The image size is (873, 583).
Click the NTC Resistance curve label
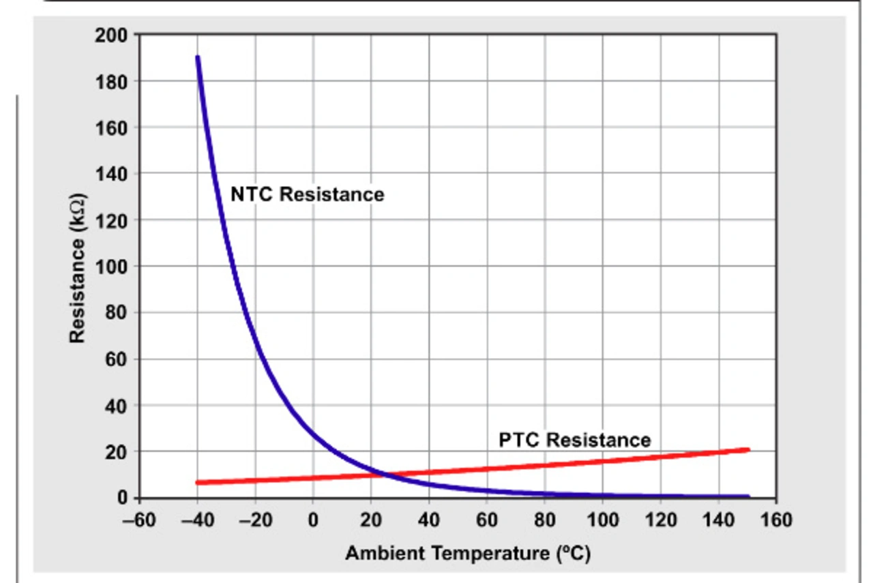(307, 194)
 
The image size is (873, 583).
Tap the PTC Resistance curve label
(574, 440)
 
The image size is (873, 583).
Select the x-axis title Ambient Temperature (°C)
(467, 553)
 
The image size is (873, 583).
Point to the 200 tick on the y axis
(110, 35)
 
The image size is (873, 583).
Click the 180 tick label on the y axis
(110, 82)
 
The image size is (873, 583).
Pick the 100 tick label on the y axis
(110, 267)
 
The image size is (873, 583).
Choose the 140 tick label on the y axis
(110, 174)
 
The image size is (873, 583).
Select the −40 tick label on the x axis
(196, 520)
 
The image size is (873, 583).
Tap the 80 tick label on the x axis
(544, 520)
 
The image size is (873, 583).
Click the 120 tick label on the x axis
(660, 520)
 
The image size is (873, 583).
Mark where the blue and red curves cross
(384, 473)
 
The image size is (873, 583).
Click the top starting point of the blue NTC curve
(198, 57)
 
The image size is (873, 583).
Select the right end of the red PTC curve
(748, 449)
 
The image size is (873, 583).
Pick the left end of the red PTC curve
(198, 483)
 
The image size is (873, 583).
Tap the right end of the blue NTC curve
(748, 496)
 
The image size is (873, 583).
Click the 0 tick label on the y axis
(122, 498)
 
